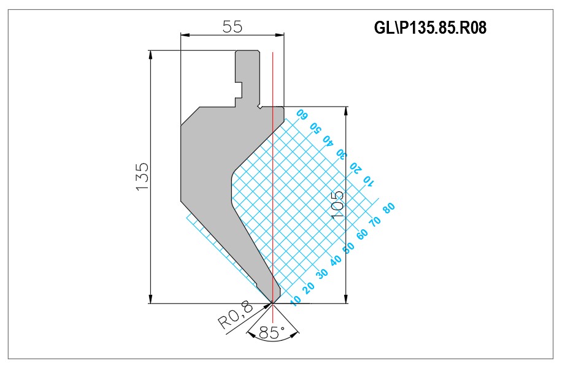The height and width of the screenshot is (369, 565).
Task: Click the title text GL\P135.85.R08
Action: pos(430,28)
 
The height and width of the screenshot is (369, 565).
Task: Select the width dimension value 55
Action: pos(233,26)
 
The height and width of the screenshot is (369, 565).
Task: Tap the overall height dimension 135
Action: pos(143,177)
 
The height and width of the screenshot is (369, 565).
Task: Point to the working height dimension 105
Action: pos(337,205)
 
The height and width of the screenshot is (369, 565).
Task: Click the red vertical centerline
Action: pos(273,187)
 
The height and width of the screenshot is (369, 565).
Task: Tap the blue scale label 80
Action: pos(389,208)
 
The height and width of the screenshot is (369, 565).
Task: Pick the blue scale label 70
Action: pos(375,221)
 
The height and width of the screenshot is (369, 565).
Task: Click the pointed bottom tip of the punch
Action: pos(272,303)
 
